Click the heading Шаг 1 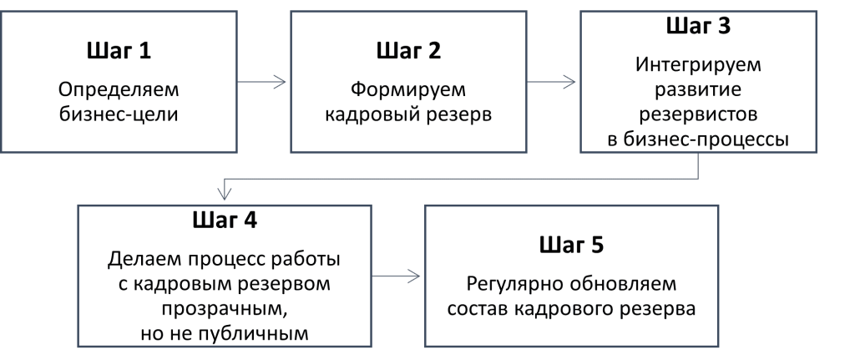click(x=119, y=52)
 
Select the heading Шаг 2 click(x=408, y=52)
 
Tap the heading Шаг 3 click(x=698, y=26)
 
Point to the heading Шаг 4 click(x=225, y=222)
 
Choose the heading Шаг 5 click(x=571, y=246)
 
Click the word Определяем click(x=119, y=89)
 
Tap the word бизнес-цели click(x=119, y=114)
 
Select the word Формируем click(x=408, y=89)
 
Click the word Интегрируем click(x=698, y=63)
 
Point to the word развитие click(x=698, y=88)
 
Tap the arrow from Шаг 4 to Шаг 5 click(x=397, y=275)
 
